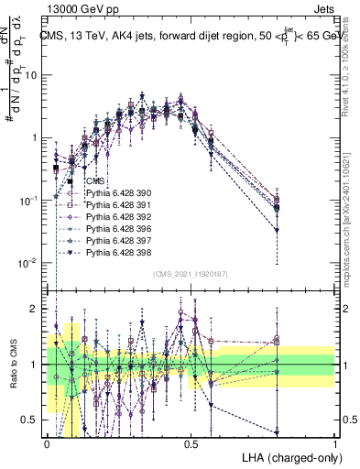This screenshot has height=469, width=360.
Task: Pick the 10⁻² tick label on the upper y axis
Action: tap(32, 263)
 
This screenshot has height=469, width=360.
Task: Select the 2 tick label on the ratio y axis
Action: tap(38, 309)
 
